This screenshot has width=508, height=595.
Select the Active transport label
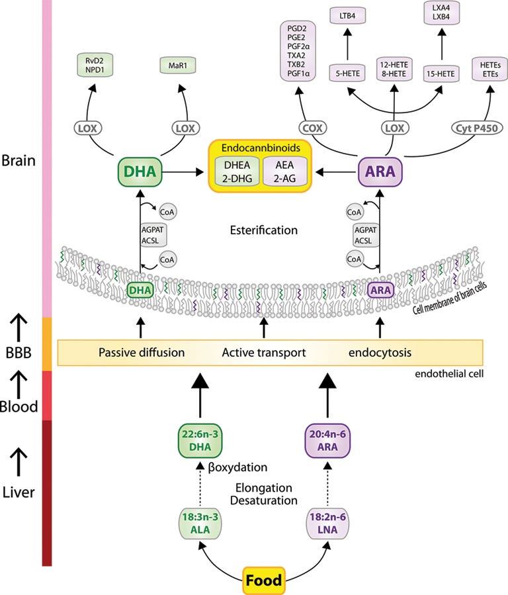click(x=263, y=353)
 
